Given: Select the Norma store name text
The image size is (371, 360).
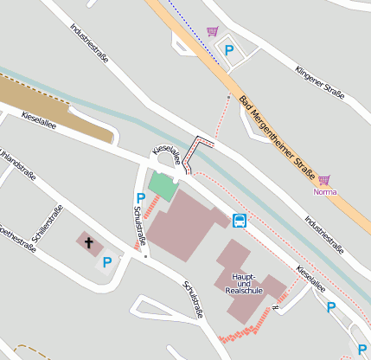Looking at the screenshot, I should tap(324, 191).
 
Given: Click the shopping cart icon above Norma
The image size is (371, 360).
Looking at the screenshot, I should tap(324, 180).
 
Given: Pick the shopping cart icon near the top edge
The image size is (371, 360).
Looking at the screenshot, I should tap(213, 32).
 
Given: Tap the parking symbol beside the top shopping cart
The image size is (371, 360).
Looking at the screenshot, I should tap(229, 50).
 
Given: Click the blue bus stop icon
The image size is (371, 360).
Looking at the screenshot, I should tap(240, 220).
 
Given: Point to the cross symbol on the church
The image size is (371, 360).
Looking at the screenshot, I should tap(88, 241).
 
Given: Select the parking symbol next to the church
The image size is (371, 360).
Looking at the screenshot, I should tap(107, 262).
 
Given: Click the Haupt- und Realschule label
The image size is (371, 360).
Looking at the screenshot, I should tap(242, 283).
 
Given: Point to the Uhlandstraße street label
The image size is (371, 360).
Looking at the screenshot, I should tap(18, 164).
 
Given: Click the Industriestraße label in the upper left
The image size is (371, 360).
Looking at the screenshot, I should tap(89, 41).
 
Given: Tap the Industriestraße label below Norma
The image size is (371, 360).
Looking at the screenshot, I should tap(323, 234).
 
